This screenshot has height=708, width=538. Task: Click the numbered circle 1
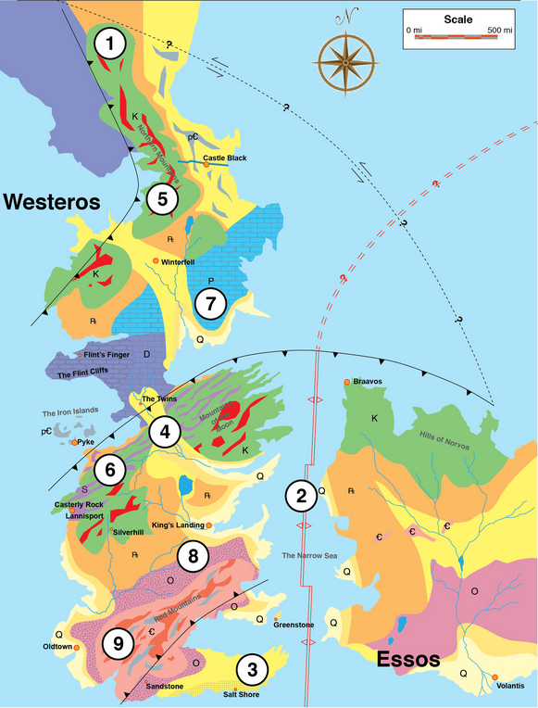point(112,44)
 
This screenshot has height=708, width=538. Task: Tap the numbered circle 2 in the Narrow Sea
point(300,495)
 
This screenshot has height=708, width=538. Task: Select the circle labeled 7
point(210,302)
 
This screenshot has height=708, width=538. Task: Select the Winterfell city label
point(181,261)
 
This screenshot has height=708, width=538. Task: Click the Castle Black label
point(225,158)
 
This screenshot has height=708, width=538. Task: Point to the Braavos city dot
point(346,382)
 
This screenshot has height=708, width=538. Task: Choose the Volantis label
point(510,685)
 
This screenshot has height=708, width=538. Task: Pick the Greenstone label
point(294,625)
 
